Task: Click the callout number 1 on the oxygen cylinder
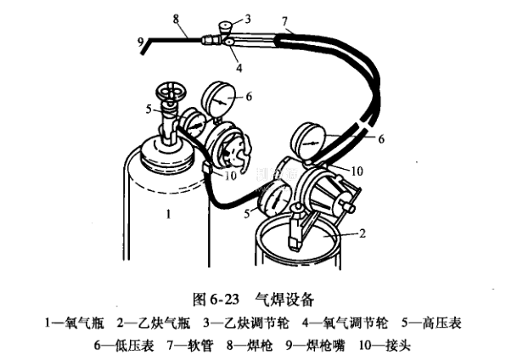coord(168,214)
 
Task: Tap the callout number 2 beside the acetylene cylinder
coord(363,233)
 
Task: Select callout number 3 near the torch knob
coord(248,20)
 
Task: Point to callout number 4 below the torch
coord(239,68)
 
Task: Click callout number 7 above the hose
coord(284,21)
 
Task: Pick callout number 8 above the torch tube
coord(176,19)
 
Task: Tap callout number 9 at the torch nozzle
coord(140,42)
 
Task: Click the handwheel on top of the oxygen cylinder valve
coord(171,93)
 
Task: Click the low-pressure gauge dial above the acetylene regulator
coord(308,141)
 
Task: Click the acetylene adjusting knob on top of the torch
coord(225,25)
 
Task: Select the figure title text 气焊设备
coord(284,300)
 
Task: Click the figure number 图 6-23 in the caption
coord(216,300)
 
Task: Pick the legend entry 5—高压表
coord(431,323)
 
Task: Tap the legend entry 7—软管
coord(190,346)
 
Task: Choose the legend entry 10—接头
coord(385,346)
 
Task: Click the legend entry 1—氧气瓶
coord(75,323)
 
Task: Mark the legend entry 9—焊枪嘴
coord(315,346)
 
